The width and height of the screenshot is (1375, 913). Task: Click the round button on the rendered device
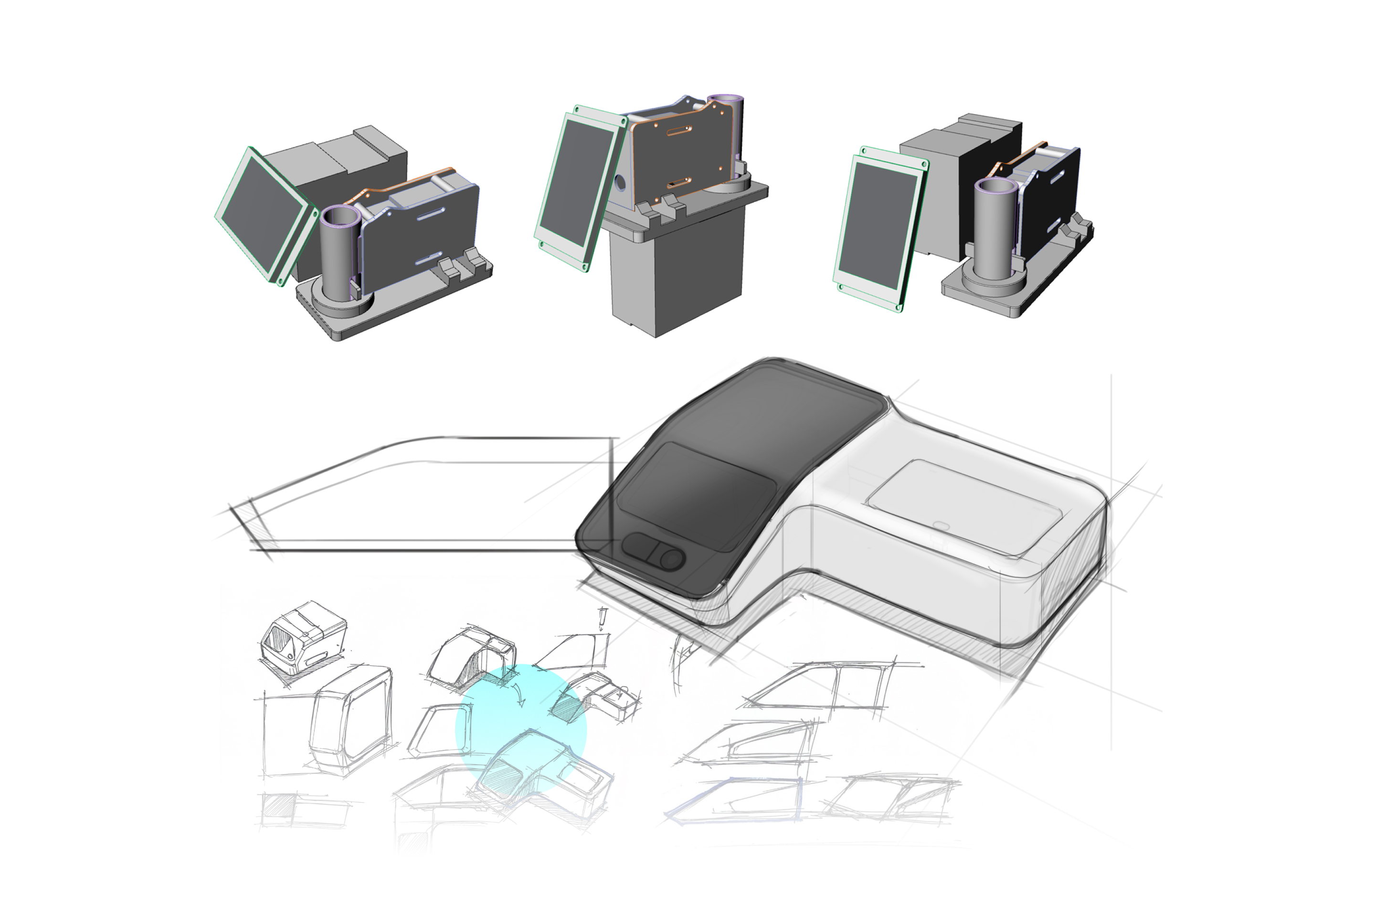click(x=671, y=559)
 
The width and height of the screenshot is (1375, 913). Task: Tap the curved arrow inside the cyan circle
click(x=519, y=695)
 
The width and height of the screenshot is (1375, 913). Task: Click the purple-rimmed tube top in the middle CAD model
click(x=725, y=100)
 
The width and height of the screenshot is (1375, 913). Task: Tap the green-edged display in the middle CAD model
click(x=577, y=186)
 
